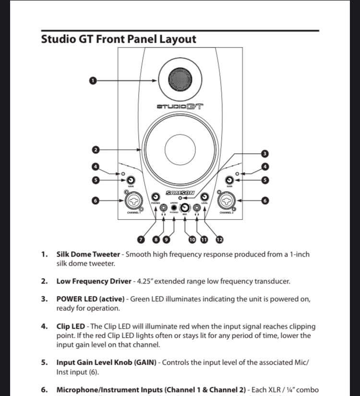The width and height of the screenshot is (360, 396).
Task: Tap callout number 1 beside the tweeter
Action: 93,80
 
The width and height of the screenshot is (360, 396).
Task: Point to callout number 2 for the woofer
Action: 96,150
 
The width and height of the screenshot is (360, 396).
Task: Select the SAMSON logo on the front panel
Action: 180,192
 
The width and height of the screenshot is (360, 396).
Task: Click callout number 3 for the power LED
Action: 264,154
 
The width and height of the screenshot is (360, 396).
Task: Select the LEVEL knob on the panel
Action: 204,197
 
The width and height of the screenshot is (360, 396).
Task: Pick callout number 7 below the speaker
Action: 141,239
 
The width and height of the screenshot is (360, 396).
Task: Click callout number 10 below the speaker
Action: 192,239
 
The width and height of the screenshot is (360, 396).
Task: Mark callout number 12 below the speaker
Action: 219,239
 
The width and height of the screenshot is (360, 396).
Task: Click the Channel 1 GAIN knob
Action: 131,180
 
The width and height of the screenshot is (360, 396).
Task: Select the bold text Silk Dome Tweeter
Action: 88,254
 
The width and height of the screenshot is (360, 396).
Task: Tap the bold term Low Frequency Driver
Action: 94,281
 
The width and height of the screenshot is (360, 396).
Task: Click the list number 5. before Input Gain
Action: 44,362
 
